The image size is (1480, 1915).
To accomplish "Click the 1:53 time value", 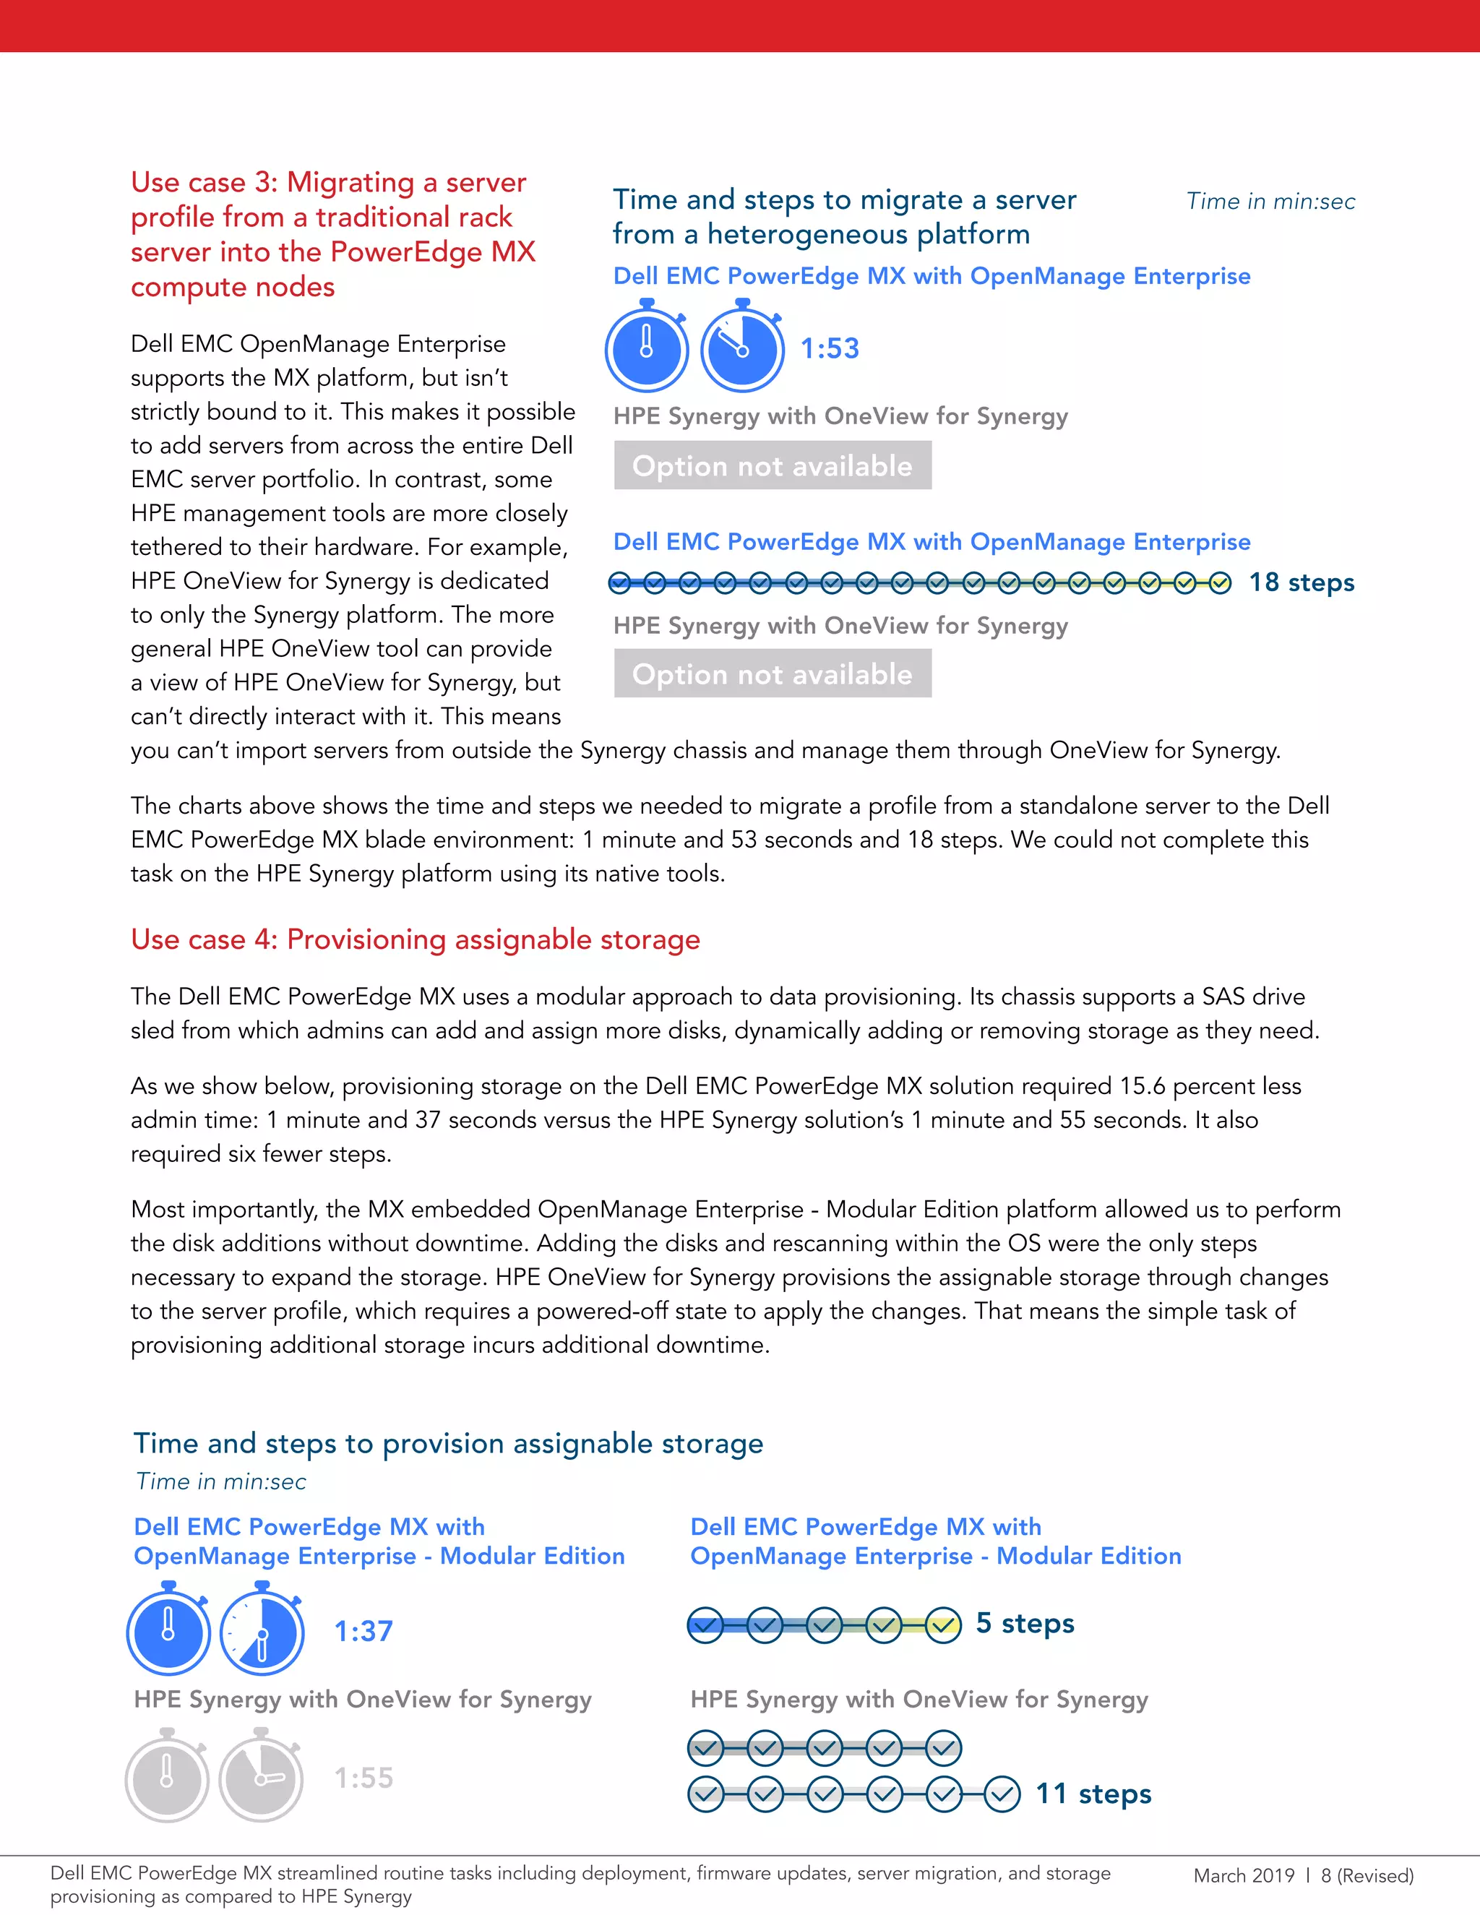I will coord(830,348).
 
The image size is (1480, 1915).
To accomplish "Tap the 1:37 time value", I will coord(363,1631).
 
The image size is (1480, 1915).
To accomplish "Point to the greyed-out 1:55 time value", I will coord(363,1778).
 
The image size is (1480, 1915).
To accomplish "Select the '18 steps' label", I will coord(1301,582).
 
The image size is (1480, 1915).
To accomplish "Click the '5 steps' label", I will coord(1024,1623).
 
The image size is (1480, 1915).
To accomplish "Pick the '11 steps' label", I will coord(1093,1793).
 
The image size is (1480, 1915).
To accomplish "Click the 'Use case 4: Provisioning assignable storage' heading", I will coord(416,939).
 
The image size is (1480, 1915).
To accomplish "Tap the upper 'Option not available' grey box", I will coord(773,465).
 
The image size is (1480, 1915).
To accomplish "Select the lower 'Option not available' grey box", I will coord(773,674).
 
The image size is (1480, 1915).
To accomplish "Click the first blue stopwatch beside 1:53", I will coord(647,347).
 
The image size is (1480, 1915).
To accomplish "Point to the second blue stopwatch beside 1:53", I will coord(743,347).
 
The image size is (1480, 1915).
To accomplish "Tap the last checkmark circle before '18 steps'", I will coord(1220,583).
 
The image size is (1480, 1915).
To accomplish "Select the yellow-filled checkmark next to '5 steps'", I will coord(942,1624).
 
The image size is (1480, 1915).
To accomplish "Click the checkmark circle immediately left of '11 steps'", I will coord(1002,1794).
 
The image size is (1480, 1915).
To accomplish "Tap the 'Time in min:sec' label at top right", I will coord(1270,202).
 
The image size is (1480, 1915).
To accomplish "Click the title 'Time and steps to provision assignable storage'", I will coord(448,1443).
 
